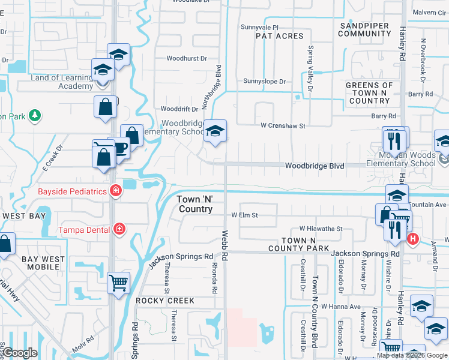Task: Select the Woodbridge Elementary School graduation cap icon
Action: click(214, 130)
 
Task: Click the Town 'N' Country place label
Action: click(194, 204)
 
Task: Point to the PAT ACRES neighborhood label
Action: click(280, 37)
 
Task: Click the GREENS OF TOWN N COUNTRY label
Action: click(369, 93)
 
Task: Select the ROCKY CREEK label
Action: click(165, 301)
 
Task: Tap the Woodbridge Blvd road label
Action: click(315, 166)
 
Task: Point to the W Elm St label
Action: click(244, 215)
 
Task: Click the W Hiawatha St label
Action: click(321, 229)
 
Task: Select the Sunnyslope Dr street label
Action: click(265, 81)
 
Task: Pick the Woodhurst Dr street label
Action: click(187, 59)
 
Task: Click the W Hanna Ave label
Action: click(340, 307)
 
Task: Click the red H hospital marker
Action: click(412, 239)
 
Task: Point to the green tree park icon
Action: click(35, 115)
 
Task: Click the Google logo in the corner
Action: click(20, 353)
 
